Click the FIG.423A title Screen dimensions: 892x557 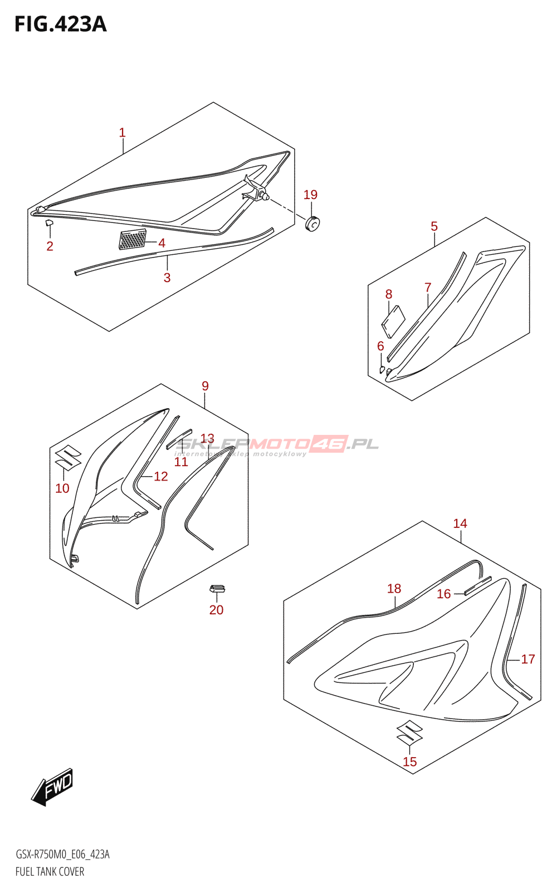60,25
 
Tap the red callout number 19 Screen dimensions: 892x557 310,195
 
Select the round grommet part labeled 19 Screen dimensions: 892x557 313,223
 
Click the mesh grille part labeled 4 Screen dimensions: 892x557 133,240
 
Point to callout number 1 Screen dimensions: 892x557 123,133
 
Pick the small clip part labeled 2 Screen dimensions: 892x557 49,224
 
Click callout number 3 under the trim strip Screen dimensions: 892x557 167,278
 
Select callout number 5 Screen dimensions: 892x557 434,226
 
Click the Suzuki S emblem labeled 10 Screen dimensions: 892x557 68,458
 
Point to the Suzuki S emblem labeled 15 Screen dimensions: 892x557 409,734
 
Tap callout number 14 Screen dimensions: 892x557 460,523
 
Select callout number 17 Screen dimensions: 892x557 528,659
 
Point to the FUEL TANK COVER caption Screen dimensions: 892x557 50,871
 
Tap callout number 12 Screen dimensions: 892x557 161,476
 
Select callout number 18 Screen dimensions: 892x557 394,588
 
